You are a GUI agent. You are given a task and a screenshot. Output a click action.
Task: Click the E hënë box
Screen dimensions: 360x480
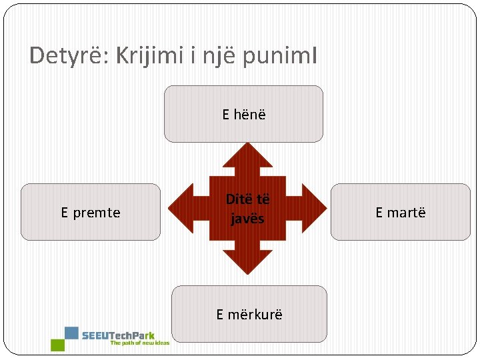tap(243, 114)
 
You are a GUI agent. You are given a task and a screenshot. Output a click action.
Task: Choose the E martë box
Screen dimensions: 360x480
tap(400, 212)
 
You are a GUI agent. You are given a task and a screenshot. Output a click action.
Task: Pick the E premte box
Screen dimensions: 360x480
tap(91, 212)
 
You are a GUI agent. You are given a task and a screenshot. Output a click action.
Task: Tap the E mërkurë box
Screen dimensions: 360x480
tap(249, 314)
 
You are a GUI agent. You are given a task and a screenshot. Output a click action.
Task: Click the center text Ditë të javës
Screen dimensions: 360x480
tap(247, 209)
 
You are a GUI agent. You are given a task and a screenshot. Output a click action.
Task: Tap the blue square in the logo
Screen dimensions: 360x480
tap(71, 333)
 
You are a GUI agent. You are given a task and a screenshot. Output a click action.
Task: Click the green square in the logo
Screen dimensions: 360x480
tap(57, 345)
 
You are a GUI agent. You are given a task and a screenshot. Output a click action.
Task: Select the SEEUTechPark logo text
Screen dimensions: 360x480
tap(118, 335)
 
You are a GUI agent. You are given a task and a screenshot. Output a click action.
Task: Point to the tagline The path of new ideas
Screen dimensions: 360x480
tap(140, 343)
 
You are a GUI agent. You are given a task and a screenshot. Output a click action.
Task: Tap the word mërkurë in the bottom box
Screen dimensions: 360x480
tap(255, 314)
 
